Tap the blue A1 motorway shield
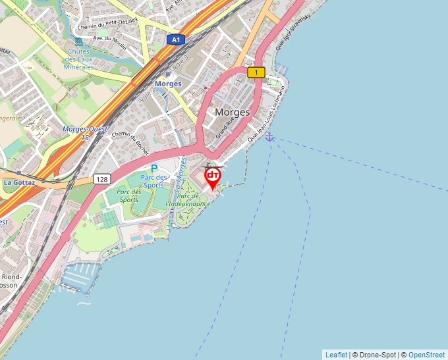tap(175, 39)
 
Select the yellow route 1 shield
tap(256, 72)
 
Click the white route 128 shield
tap(101, 179)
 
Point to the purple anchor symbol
tap(269, 136)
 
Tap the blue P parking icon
tap(154, 169)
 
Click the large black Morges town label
tap(233, 112)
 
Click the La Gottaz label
tap(20, 182)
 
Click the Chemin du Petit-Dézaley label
tap(107, 24)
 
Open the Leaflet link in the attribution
tap(336, 355)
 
